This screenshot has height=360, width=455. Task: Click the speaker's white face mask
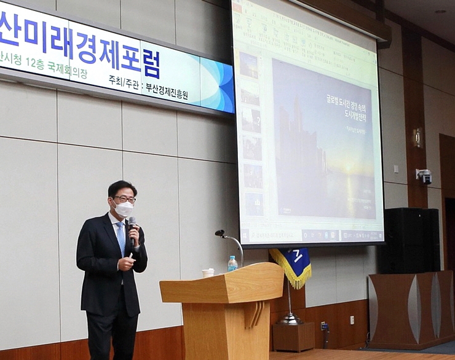(x=124, y=209)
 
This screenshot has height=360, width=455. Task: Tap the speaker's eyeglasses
(x=124, y=199)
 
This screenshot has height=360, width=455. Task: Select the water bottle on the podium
(x=232, y=264)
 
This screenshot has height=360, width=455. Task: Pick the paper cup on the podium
(x=208, y=272)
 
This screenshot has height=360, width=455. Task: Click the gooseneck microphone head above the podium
(x=220, y=233)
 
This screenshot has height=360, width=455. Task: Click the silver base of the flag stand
(x=290, y=319)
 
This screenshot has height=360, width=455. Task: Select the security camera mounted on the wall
(x=424, y=176)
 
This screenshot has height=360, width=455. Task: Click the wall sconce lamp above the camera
(x=419, y=138)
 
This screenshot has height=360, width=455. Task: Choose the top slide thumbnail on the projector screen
(x=249, y=65)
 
